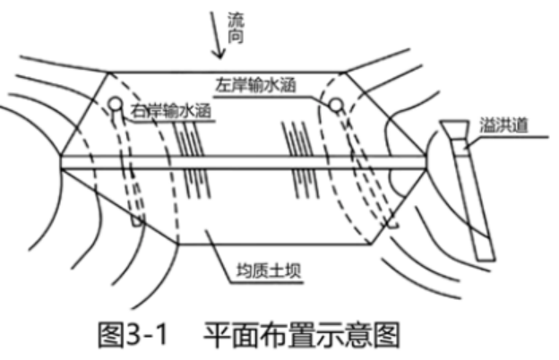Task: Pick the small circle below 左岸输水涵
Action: [x=336, y=106]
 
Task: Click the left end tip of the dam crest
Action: [x=60, y=162]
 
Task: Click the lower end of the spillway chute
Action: [x=485, y=255]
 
